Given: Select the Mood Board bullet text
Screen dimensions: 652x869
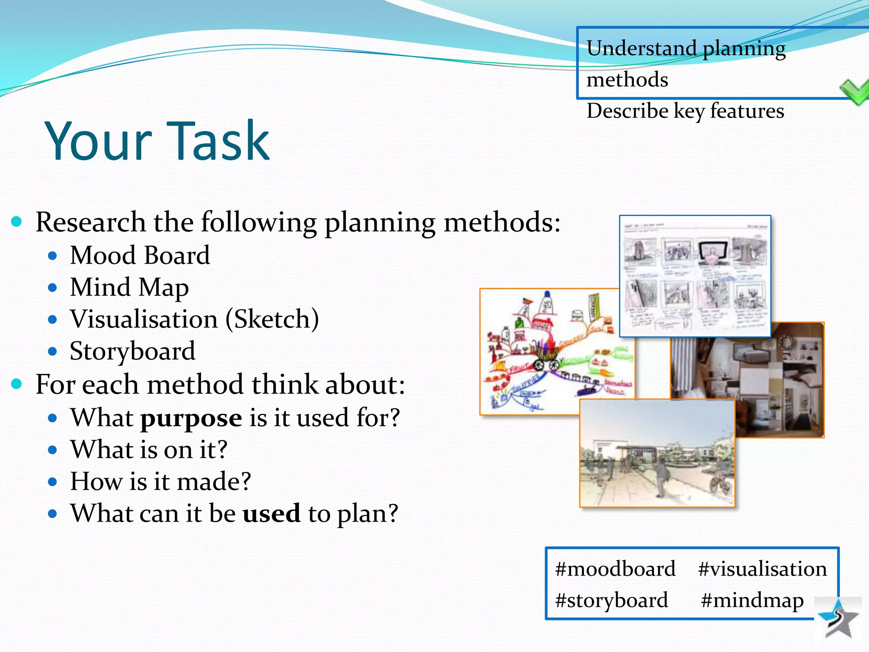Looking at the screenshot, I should [x=140, y=255].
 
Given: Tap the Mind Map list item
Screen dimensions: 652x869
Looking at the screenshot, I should [x=129, y=287].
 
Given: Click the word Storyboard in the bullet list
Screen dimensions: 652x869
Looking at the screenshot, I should [x=132, y=351].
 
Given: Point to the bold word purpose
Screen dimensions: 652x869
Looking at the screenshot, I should [x=191, y=418].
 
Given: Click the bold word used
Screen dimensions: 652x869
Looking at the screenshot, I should [x=272, y=513].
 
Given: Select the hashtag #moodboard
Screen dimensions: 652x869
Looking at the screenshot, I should [x=615, y=569].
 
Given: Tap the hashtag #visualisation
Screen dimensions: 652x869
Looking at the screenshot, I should [x=762, y=569].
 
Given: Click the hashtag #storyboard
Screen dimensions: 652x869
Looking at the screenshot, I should [x=611, y=600].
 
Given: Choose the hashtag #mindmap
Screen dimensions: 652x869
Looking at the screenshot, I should [x=752, y=600].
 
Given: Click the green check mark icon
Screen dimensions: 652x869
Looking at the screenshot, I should [x=855, y=91].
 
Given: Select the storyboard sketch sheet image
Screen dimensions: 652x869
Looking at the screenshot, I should [x=695, y=276].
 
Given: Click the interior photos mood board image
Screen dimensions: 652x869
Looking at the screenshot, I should [x=781, y=378].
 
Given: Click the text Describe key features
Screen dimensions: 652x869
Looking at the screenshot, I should [x=685, y=111].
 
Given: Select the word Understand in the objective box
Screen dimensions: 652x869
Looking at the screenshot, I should [x=642, y=48].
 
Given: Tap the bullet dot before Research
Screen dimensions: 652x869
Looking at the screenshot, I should [x=16, y=221].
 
